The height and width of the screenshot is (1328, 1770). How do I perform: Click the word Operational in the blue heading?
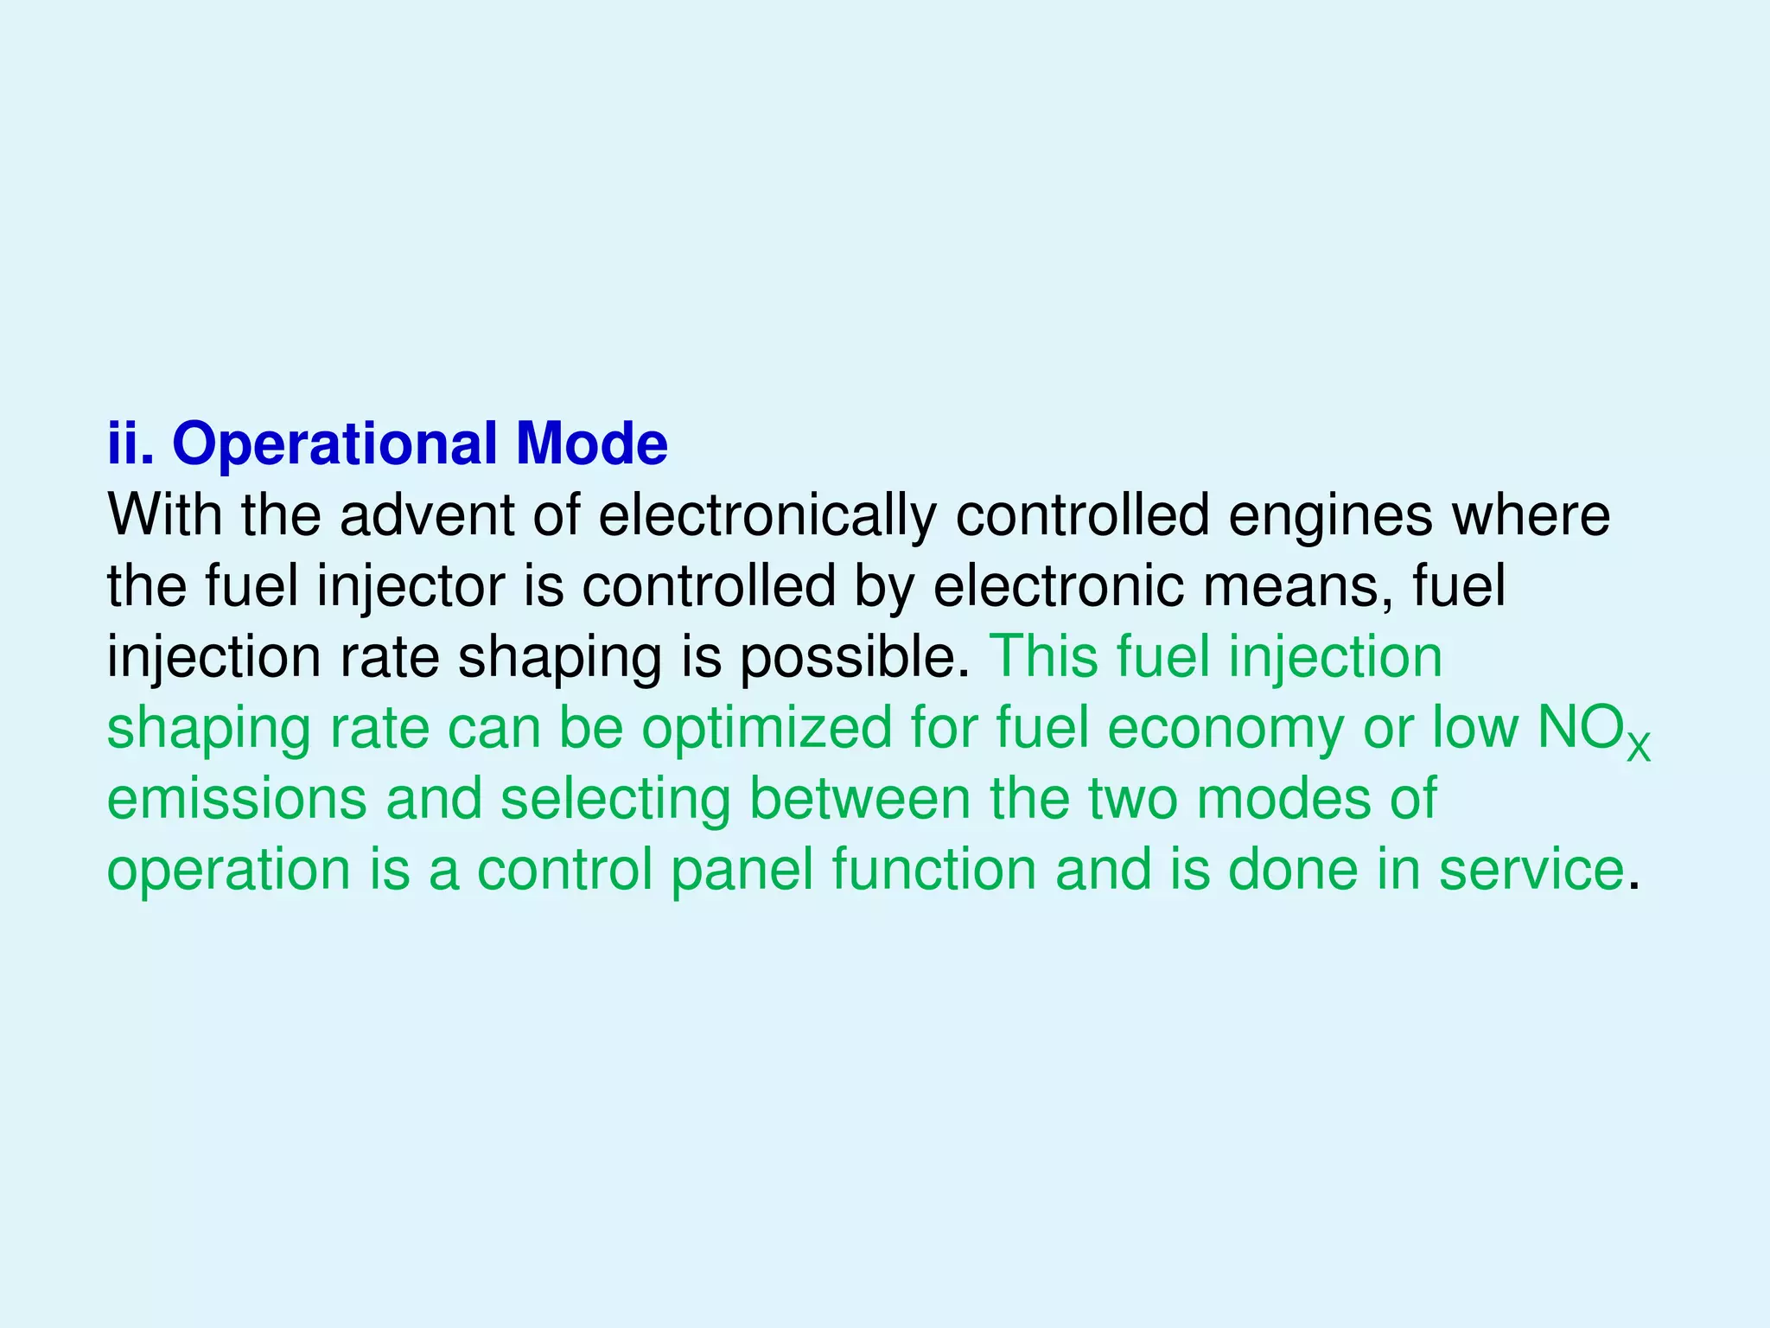(x=334, y=444)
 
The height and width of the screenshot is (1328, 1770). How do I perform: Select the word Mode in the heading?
(x=591, y=444)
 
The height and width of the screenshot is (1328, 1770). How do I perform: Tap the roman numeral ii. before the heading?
(x=131, y=444)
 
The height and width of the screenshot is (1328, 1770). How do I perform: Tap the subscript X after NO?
(x=1638, y=746)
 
